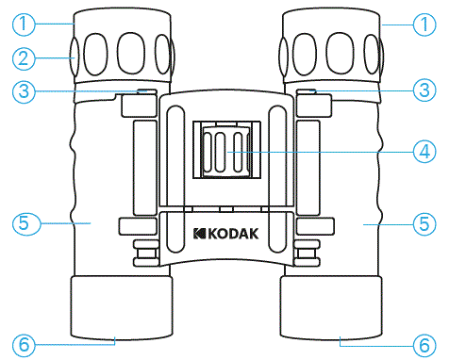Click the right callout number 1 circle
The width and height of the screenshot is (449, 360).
(427, 21)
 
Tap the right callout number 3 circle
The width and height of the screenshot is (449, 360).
(427, 90)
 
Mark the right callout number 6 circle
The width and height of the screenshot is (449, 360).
(427, 344)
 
